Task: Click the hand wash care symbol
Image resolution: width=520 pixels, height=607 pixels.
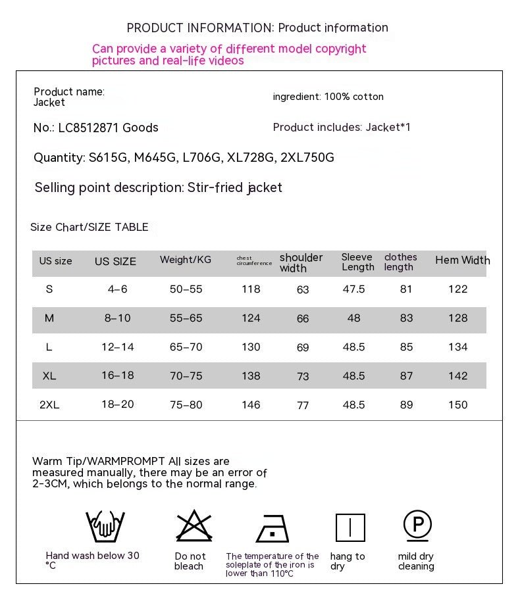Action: point(105,526)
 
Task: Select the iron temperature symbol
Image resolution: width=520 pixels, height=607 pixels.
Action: point(273,528)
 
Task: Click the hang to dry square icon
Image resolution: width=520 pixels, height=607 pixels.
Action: point(350,527)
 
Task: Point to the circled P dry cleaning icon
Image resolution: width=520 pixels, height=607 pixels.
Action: point(417,525)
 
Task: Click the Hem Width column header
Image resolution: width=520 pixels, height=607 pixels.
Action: point(462,260)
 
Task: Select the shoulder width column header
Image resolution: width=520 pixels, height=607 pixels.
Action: point(301,262)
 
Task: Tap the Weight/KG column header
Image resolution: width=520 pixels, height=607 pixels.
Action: point(186,260)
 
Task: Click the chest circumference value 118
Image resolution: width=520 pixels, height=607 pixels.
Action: point(251,289)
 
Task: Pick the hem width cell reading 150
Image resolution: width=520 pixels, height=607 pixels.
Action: point(457,405)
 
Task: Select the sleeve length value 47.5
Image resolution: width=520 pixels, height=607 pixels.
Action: point(354,289)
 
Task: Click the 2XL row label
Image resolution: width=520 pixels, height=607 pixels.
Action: point(49,405)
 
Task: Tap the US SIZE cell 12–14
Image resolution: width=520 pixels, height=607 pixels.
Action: point(118,347)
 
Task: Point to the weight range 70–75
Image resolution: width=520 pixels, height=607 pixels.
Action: point(186,376)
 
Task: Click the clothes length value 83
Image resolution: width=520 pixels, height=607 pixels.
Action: point(407,318)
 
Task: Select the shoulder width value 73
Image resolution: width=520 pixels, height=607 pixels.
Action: point(303,377)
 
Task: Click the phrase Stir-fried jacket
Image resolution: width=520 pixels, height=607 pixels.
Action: point(235,187)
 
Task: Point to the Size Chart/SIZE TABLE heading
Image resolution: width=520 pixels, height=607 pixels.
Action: point(90,228)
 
